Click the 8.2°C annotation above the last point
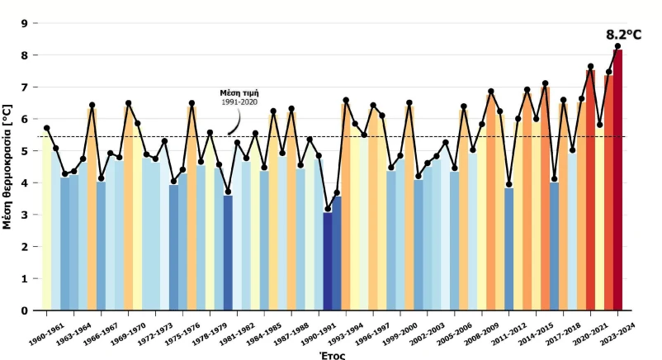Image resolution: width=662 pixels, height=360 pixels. pyautogui.click(x=623, y=34)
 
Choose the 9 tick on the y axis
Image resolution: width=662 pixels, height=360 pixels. pyautogui.click(x=24, y=23)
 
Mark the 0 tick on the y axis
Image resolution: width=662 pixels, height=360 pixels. pyautogui.click(x=24, y=310)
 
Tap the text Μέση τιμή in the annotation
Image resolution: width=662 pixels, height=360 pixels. pyautogui.click(x=244, y=92)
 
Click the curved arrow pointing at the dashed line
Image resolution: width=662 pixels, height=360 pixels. pyautogui.click(x=235, y=124)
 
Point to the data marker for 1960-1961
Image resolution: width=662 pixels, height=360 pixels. pyautogui.click(x=47, y=128)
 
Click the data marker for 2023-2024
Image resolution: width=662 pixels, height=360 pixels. pyautogui.click(x=617, y=46)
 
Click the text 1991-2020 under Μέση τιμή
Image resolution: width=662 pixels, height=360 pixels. pyautogui.click(x=244, y=102)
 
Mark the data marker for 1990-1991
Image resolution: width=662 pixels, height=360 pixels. pyautogui.click(x=328, y=210)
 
